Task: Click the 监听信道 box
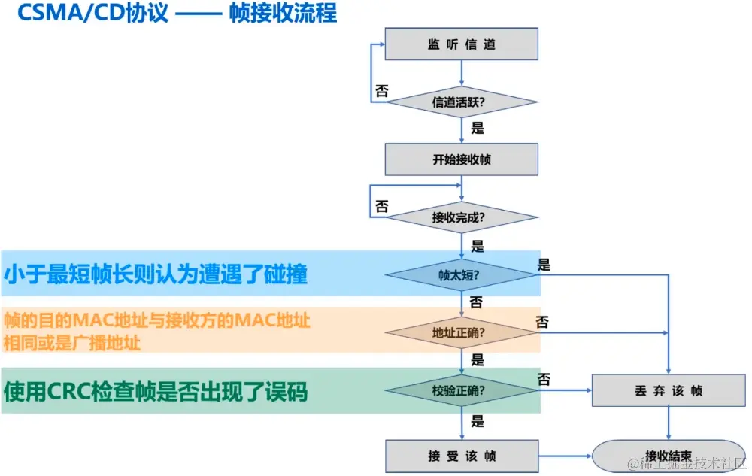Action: pyautogui.click(x=461, y=44)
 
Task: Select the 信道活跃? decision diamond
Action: pyautogui.click(x=461, y=102)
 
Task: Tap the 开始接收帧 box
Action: pyautogui.click(x=461, y=159)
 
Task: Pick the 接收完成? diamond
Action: pyautogui.click(x=461, y=218)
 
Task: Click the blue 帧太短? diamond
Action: pyautogui.click(x=461, y=274)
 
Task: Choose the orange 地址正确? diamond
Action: pyautogui.click(x=461, y=332)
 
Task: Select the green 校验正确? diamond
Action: pyautogui.click(x=461, y=390)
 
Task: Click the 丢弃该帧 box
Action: pyautogui.click(x=669, y=391)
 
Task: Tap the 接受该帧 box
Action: pyautogui.click(x=461, y=456)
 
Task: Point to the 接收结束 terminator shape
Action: pyautogui.click(x=669, y=456)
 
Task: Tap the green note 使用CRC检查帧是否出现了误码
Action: pyautogui.click(x=156, y=391)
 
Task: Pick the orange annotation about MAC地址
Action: pyautogui.click(x=156, y=331)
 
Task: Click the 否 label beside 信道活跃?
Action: pyautogui.click(x=381, y=91)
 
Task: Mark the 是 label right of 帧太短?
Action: pyautogui.click(x=544, y=265)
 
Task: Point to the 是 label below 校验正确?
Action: pyautogui.click(x=478, y=421)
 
